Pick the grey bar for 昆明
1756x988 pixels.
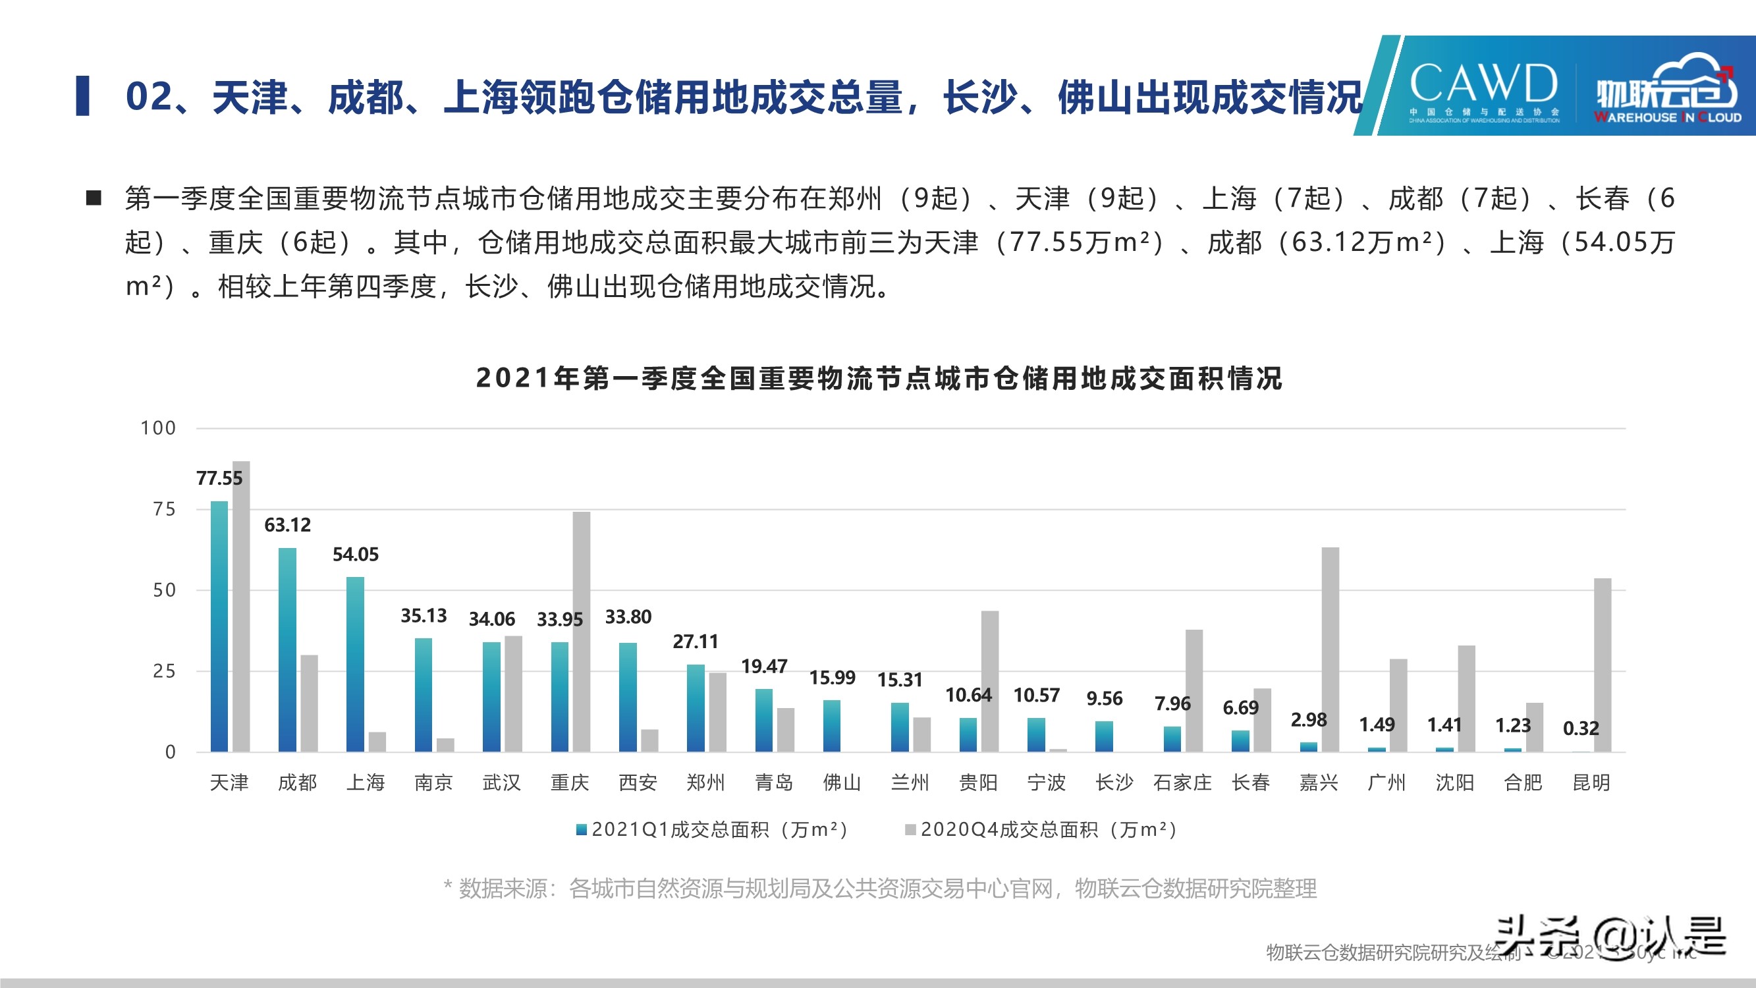click(1603, 665)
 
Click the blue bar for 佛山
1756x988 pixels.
click(832, 725)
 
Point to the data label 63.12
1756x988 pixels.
click(287, 525)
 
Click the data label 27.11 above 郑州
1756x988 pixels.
click(696, 642)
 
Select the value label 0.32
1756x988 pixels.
click(1581, 728)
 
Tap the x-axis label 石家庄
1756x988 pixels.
click(1183, 782)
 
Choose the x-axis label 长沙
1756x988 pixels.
click(1114, 782)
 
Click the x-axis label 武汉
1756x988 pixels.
click(502, 782)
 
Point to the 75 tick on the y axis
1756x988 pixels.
click(164, 509)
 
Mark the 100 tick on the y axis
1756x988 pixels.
click(158, 428)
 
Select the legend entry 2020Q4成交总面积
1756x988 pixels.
click(1041, 829)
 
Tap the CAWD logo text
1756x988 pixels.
click(1483, 83)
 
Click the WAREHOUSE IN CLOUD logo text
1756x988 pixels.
click(1667, 117)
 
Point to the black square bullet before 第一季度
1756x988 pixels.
click(94, 198)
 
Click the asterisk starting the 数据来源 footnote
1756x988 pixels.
click(448, 887)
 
